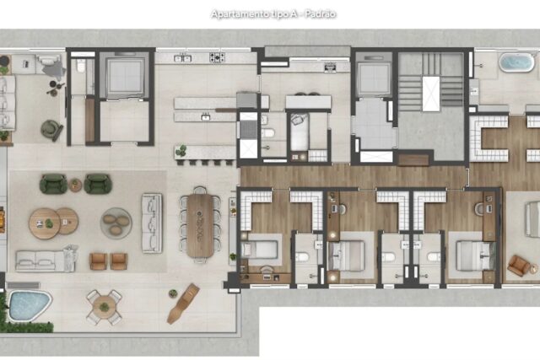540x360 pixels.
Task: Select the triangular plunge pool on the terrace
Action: click(30, 305)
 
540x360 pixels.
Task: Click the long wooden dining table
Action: click(200, 225)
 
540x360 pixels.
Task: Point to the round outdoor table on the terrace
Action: click(104, 307)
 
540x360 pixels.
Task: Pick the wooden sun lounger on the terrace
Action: click(183, 304)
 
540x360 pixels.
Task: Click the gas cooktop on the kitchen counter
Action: click(217, 57)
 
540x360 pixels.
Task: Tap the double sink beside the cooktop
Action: click(182, 58)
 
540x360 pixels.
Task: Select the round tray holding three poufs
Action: click(116, 223)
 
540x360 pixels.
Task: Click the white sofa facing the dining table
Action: click(152, 223)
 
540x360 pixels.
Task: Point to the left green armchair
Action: click(53, 184)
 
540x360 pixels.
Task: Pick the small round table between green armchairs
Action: click(75, 185)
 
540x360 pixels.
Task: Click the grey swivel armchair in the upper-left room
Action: click(52, 130)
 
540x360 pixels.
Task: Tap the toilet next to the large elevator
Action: click(81, 66)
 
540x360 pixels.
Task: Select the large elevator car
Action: click(125, 78)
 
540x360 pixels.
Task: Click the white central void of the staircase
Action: click(431, 94)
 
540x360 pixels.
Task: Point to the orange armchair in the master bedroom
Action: click(519, 266)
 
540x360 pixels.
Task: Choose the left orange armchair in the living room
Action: click(98, 261)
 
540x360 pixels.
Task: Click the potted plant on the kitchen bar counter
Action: click(181, 151)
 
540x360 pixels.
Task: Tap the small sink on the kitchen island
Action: click(206, 117)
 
